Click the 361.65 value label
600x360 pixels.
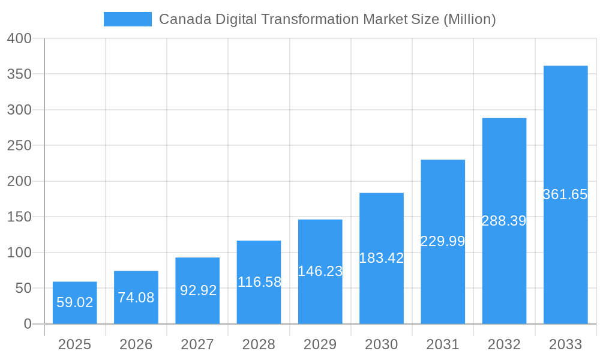(x=565, y=194)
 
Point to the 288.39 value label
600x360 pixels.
(x=504, y=221)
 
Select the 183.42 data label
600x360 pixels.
(x=382, y=258)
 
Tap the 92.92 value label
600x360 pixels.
(x=197, y=290)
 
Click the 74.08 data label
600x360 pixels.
(x=136, y=297)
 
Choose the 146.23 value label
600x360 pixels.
(x=320, y=271)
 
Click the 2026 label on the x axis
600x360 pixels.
(x=136, y=344)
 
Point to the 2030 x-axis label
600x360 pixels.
(x=382, y=344)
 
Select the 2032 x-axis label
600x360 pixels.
(x=504, y=344)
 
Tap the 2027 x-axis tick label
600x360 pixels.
(x=197, y=344)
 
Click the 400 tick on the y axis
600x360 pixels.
(x=19, y=38)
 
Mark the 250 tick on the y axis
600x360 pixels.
(x=19, y=146)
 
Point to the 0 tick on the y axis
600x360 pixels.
(x=28, y=324)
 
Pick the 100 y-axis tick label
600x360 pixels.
(x=19, y=253)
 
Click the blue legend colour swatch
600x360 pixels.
(x=128, y=19)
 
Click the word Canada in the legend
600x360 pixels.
(x=178, y=19)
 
